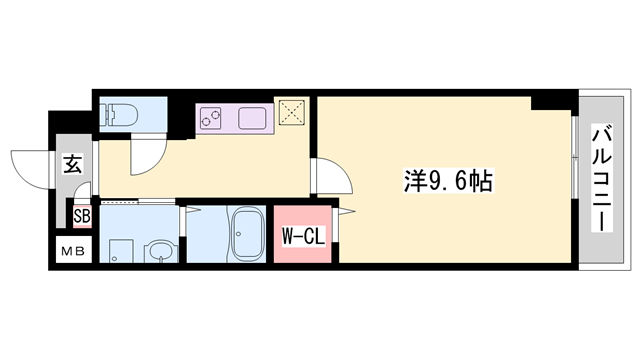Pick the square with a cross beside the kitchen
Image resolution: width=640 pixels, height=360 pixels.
click(x=293, y=115)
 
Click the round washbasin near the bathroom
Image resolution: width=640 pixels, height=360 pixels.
click(x=158, y=251)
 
